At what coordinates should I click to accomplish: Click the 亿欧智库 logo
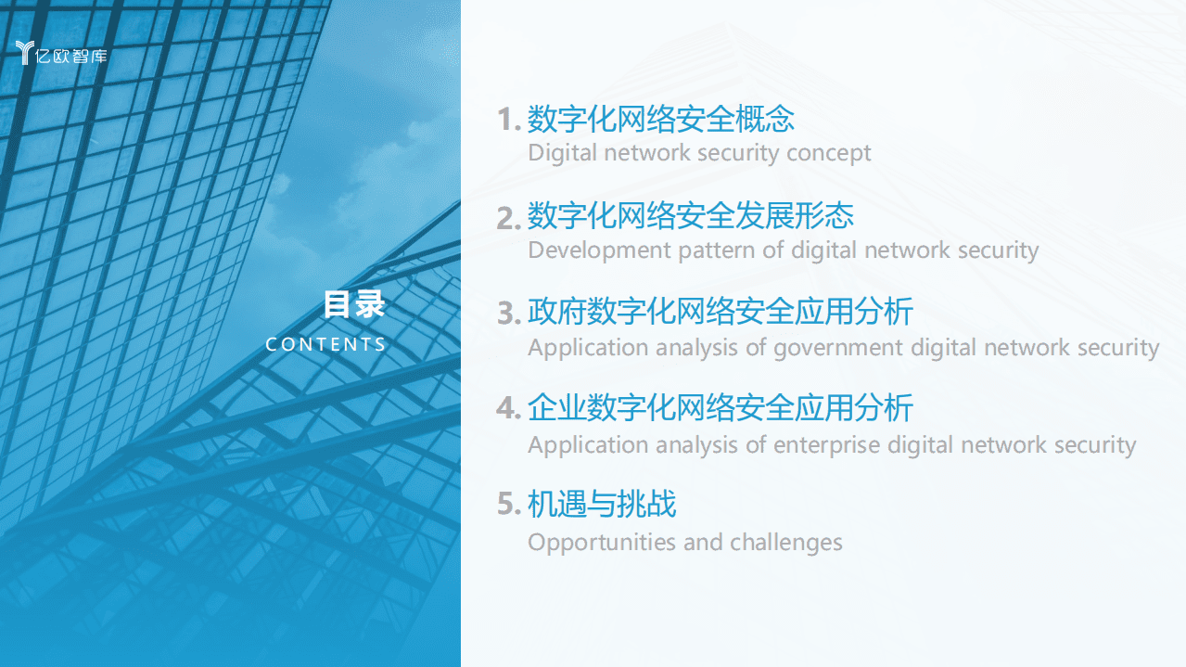[x=62, y=54]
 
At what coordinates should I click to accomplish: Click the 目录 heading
[x=354, y=304]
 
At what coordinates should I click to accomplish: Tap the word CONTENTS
[x=325, y=344]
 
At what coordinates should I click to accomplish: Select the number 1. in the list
[x=509, y=121]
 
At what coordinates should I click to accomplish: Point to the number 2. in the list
[x=509, y=218]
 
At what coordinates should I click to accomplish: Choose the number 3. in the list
[x=509, y=314]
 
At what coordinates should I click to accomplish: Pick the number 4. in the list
[x=509, y=409]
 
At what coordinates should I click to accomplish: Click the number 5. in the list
[x=509, y=506]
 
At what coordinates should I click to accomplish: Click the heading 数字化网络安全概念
[x=660, y=119]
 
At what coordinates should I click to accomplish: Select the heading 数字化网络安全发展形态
[x=690, y=216]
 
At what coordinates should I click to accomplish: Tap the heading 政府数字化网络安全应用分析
[x=720, y=312]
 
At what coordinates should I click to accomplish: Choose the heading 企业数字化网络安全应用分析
[x=720, y=408]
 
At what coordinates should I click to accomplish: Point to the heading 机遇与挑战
[x=602, y=504]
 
